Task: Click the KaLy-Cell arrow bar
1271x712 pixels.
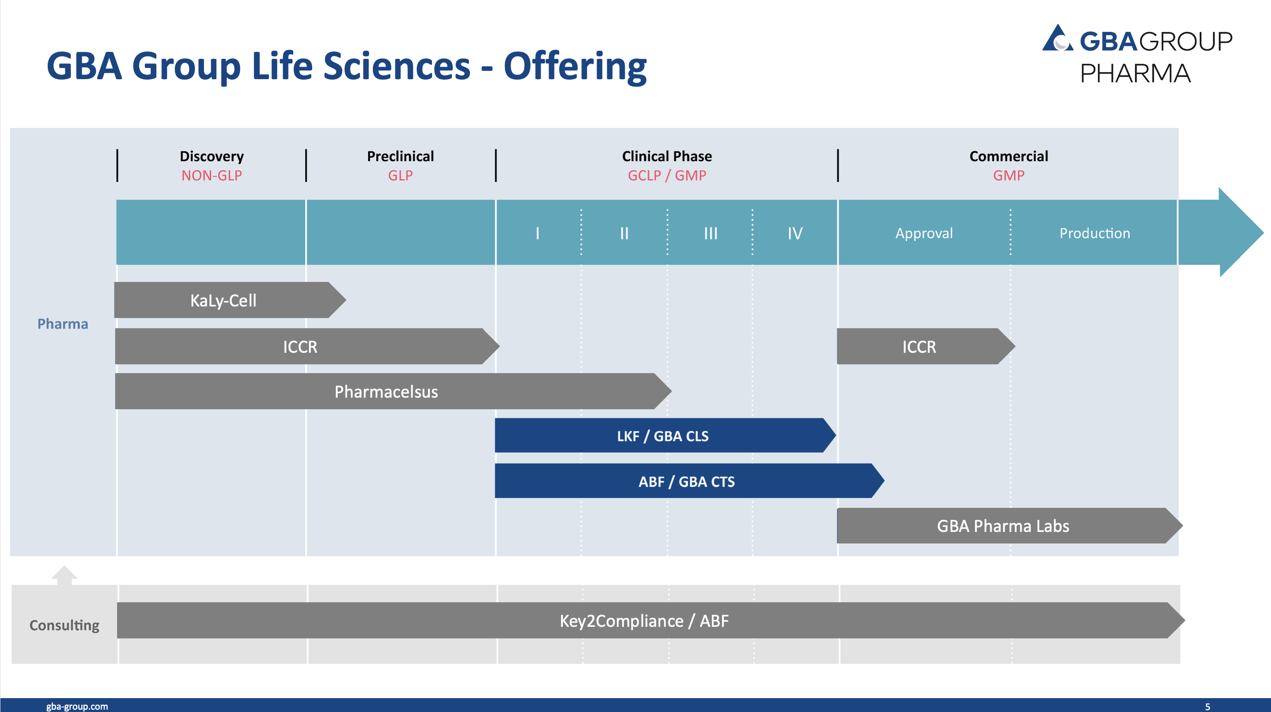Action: pyautogui.click(x=230, y=300)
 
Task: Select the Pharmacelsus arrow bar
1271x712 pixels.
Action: pyautogui.click(x=393, y=391)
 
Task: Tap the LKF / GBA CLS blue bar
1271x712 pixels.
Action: pyautogui.click(x=665, y=436)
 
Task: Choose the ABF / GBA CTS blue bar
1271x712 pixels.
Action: pyautogui.click(x=689, y=481)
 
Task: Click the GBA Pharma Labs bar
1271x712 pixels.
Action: pyautogui.click(x=1010, y=526)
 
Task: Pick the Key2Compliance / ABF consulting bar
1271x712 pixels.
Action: pyautogui.click(x=651, y=620)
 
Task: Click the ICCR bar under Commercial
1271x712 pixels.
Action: pyautogui.click(x=926, y=346)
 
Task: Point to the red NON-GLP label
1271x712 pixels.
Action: pyautogui.click(x=212, y=175)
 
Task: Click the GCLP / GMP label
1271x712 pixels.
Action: pyautogui.click(x=666, y=175)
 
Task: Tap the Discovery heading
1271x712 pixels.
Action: pyautogui.click(x=212, y=156)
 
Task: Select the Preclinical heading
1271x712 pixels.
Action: pyautogui.click(x=400, y=156)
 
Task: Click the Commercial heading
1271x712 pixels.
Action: pyautogui.click(x=1008, y=156)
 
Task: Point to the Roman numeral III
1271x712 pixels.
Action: pyautogui.click(x=710, y=233)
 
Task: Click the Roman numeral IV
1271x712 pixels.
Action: pyautogui.click(x=795, y=233)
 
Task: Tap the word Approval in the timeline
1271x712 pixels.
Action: pyautogui.click(x=924, y=233)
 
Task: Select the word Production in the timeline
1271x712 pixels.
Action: pyautogui.click(x=1095, y=233)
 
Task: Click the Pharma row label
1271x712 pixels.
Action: pyautogui.click(x=62, y=324)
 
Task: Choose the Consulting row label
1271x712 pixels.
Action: pyautogui.click(x=64, y=625)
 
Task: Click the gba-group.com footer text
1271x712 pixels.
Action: pyautogui.click(x=77, y=706)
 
